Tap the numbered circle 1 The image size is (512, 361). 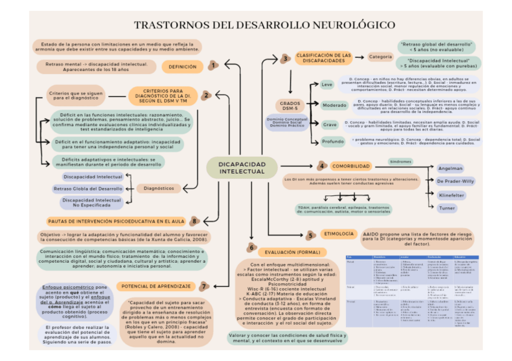(x=213, y=65)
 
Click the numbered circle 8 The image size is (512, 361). (x=194, y=221)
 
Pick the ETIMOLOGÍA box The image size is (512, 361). (x=339, y=233)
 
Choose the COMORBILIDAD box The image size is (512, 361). (x=351, y=166)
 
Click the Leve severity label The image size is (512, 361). (x=327, y=84)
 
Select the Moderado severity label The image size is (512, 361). (x=334, y=105)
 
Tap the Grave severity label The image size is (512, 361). (x=330, y=125)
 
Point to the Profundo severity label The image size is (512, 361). (x=333, y=142)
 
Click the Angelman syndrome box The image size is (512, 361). (x=450, y=168)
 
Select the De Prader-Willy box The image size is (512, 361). (x=455, y=181)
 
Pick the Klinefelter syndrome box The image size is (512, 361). (x=451, y=195)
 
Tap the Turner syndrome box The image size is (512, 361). (x=447, y=208)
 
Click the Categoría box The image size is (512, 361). (x=380, y=57)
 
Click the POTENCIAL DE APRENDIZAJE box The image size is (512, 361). (x=156, y=285)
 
